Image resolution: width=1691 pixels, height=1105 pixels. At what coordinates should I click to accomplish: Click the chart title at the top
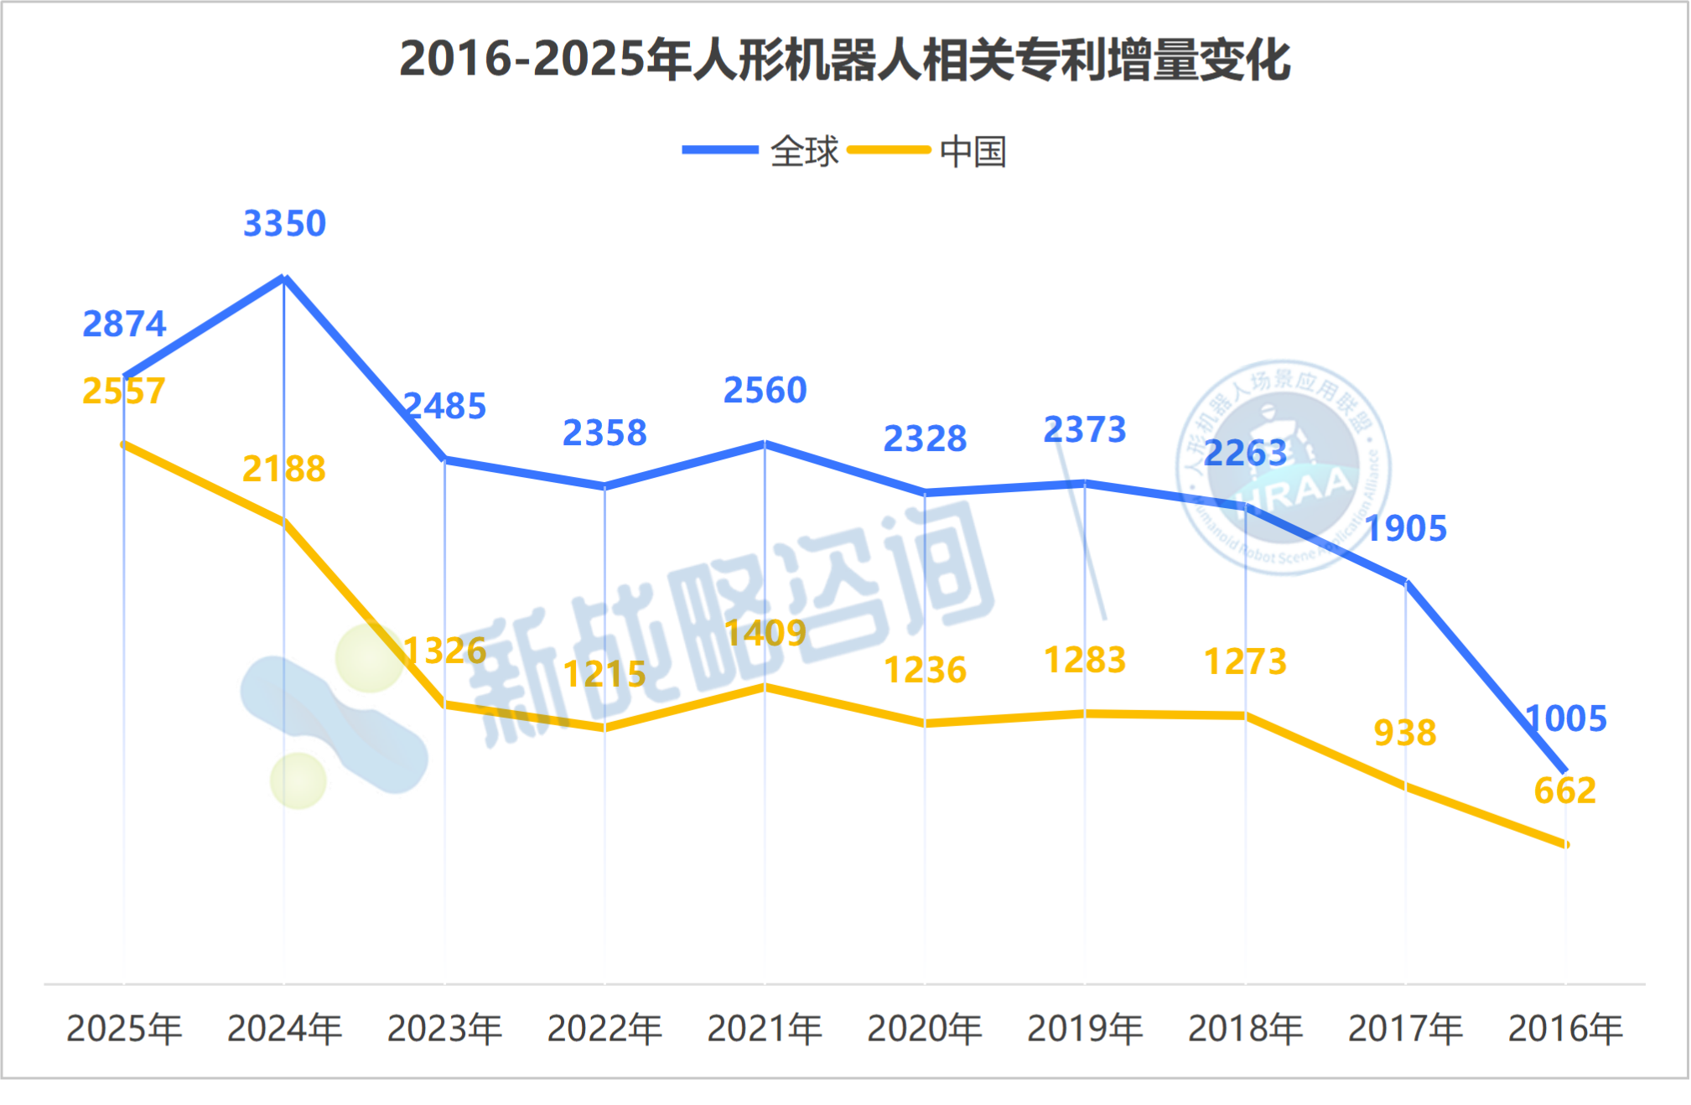844,60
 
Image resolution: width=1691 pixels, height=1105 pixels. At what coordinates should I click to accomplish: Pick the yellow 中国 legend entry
928,151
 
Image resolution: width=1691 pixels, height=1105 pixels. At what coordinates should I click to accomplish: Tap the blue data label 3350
284,224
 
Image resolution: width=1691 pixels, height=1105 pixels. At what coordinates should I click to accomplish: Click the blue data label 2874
124,324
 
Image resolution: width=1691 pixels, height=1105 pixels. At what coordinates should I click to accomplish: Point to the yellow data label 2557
124,392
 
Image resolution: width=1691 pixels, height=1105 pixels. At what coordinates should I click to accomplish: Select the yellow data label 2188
284,469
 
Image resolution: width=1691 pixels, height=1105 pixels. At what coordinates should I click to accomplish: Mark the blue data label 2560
765,391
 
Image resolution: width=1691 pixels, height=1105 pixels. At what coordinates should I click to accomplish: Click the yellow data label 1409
765,633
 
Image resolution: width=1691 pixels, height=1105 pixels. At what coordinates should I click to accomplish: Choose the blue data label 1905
1406,529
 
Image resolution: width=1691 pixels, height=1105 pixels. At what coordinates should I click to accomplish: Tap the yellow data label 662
1564,791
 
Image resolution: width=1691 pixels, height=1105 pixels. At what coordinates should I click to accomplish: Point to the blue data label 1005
1565,719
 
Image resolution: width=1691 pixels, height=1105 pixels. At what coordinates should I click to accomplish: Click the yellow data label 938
1405,733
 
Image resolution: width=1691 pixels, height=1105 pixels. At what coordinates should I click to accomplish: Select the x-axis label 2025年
124,1029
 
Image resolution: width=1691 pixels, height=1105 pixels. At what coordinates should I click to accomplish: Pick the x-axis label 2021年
765,1029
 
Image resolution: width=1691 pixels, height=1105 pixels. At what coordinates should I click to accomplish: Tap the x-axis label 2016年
1565,1029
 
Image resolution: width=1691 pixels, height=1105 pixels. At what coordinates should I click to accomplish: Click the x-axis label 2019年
1085,1029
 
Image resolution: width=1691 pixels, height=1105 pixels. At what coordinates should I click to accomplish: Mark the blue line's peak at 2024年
284,278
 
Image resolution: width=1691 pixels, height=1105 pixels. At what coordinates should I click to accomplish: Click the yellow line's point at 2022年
604,728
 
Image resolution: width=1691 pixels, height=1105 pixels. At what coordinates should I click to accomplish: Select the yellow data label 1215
604,674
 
